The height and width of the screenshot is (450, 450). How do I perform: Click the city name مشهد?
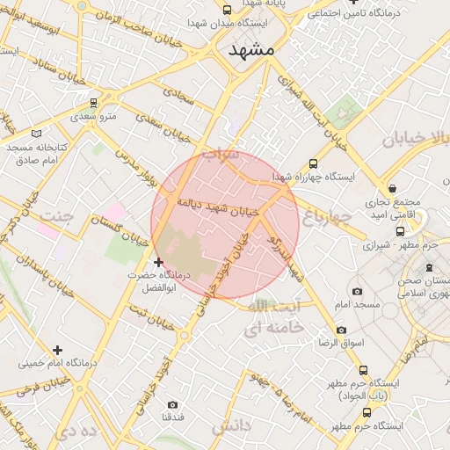click(x=251, y=49)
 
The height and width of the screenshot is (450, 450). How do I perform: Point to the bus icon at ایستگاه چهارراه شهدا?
click(x=314, y=163)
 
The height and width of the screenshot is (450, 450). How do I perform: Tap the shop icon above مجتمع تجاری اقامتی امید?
click(x=390, y=187)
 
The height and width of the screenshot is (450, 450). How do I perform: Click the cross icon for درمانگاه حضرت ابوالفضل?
click(x=158, y=262)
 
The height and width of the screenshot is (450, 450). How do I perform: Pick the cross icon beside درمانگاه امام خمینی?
click(x=58, y=350)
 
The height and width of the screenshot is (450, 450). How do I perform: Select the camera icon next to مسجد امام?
click(x=356, y=292)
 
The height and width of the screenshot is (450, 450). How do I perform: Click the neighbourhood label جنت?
click(x=56, y=215)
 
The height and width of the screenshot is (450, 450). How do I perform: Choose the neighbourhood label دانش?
click(x=231, y=426)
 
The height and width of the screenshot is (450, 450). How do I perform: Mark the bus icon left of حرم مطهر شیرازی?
click(x=400, y=232)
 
